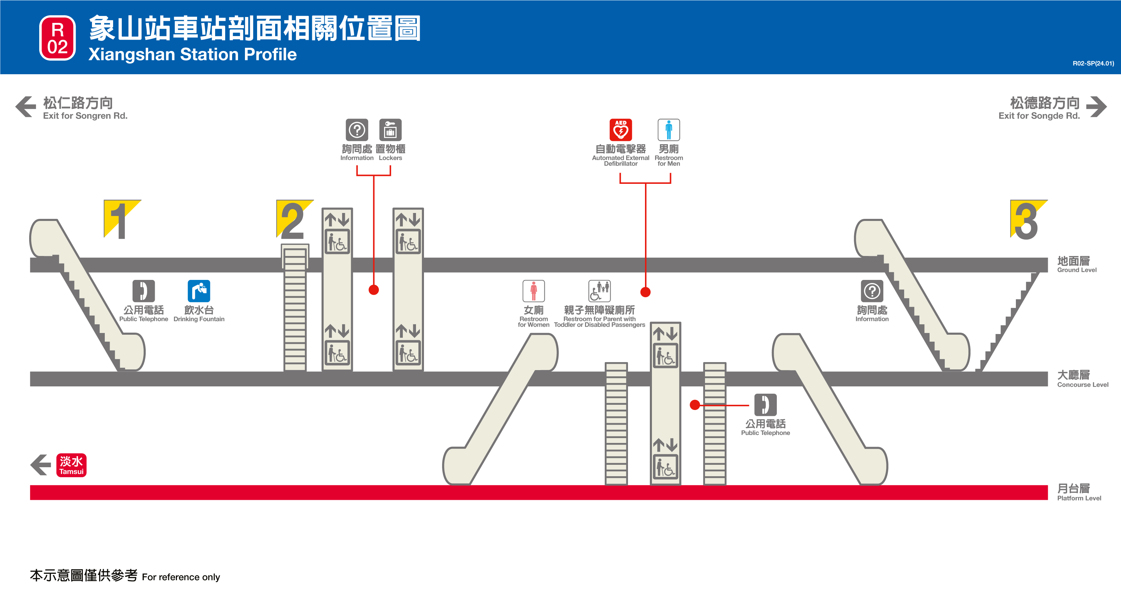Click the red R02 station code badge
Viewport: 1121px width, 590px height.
[x=58, y=38]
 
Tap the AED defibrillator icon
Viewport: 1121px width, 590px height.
[x=621, y=130]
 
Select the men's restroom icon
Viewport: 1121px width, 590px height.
[x=669, y=130]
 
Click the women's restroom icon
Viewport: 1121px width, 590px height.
[x=534, y=291]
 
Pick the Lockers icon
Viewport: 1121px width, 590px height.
[x=390, y=130]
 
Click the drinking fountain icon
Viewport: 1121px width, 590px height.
[x=199, y=291]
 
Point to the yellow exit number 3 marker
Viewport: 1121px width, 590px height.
[x=1027, y=219]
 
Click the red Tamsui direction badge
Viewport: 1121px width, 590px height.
[x=71, y=465]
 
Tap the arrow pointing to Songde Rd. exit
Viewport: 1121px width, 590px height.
[x=1096, y=106]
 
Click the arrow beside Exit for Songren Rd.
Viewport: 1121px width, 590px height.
[x=26, y=106]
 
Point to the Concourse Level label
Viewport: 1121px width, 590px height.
[x=1082, y=378]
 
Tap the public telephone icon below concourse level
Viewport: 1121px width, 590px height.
[x=765, y=405]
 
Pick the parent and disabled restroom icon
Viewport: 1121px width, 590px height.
[x=599, y=291]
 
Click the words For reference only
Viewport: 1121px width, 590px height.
[x=181, y=577]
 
